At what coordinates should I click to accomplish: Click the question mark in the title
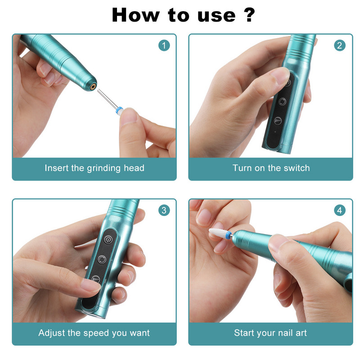249,15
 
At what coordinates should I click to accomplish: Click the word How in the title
135,15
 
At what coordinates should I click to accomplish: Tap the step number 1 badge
164,45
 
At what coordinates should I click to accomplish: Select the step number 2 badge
340,45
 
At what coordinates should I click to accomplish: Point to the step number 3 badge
164,210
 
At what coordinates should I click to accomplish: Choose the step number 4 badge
340,210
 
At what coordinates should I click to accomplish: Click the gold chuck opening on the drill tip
93,86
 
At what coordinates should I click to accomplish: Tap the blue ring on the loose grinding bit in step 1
119,110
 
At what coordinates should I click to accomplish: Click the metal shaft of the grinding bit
107,99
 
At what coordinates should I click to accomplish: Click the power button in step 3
108,239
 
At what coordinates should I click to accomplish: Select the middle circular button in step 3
102,260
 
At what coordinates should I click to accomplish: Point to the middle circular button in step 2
282,102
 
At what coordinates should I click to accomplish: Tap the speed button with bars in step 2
278,121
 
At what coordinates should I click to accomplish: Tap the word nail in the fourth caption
286,333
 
